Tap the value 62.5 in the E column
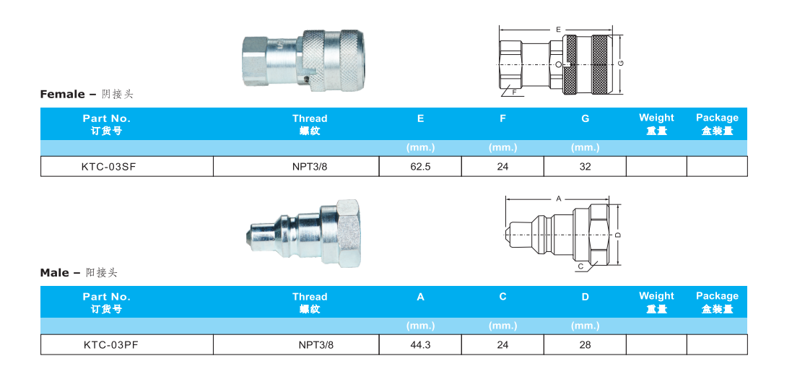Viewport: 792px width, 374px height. pos(420,167)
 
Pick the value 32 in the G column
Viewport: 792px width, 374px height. pos(585,167)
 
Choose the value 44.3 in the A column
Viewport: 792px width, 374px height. pos(420,345)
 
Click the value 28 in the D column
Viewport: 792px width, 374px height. pos(585,345)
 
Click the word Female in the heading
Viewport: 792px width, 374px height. pos(62,95)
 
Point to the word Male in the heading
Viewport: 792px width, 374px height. pos(55,273)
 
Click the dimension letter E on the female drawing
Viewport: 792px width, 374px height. pos(559,30)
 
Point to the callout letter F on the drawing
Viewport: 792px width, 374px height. pos(514,92)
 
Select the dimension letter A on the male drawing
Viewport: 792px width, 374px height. pos(558,197)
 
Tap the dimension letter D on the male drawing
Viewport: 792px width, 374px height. pos(619,234)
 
